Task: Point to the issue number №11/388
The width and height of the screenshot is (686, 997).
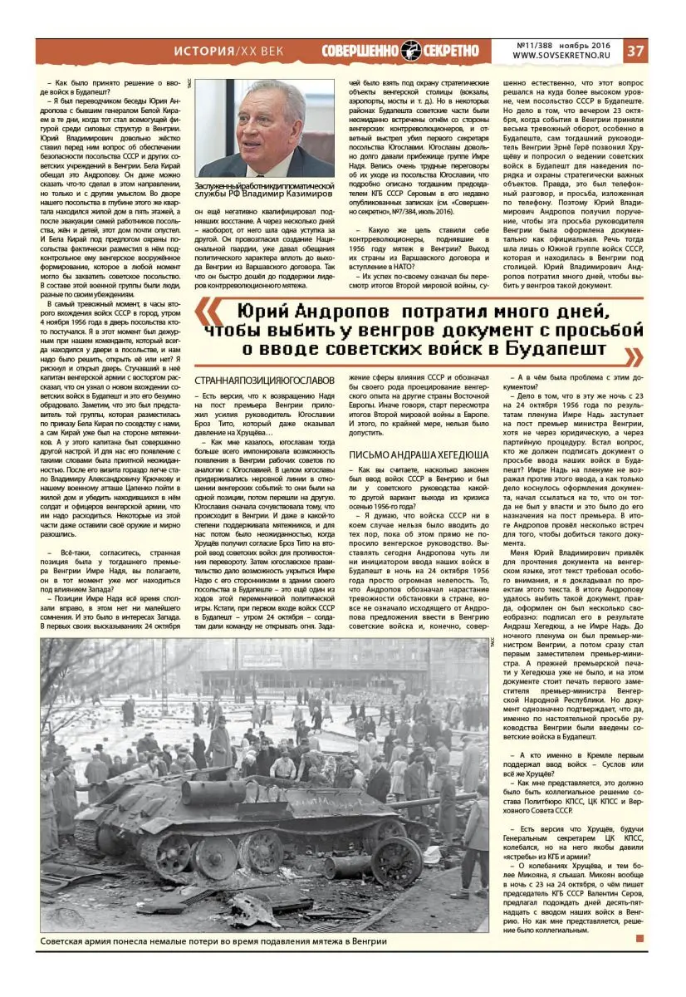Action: tap(535, 44)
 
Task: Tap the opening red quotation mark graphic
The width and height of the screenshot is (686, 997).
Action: tap(210, 312)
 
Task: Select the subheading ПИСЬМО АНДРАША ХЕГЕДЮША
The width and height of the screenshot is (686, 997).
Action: tap(418, 454)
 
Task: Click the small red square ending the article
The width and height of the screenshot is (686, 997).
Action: tap(639, 938)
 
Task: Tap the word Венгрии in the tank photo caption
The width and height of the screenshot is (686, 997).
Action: tap(367, 942)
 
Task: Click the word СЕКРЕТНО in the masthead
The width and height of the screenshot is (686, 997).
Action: tap(449, 51)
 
